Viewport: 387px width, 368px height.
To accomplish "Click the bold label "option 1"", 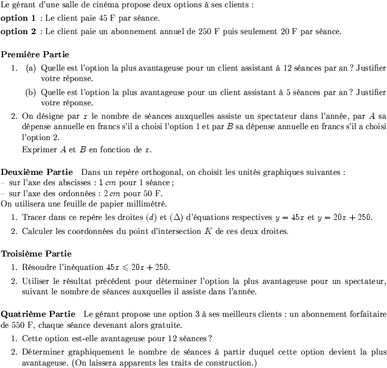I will point(18,18).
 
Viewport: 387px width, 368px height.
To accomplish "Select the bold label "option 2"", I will point(18,30).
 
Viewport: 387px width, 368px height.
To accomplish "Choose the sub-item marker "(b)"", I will point(31,93).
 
